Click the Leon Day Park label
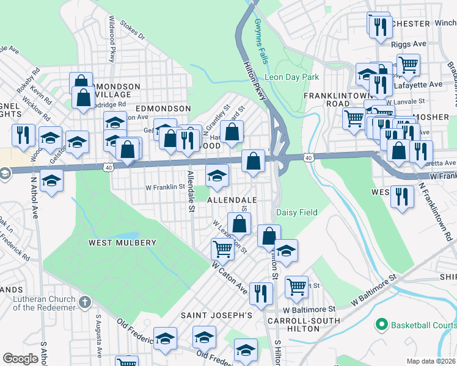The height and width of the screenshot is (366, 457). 291,77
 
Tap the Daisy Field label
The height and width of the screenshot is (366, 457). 297,212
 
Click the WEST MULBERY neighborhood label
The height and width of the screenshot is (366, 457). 123,242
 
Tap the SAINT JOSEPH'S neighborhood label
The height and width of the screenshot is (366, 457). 216,315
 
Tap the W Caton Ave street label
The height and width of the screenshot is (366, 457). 229,275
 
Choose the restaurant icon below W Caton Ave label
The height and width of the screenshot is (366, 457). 260,293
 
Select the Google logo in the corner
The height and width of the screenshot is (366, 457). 20,359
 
